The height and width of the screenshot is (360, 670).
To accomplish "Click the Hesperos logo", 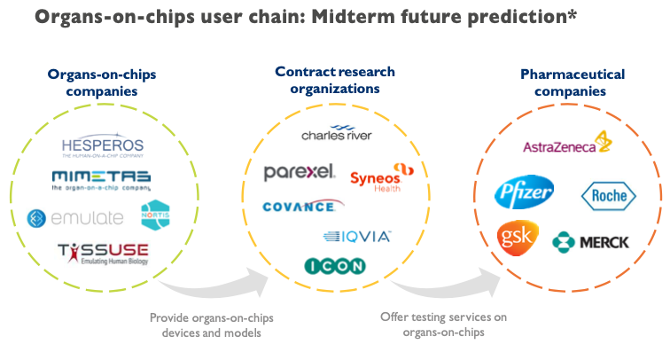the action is [x=104, y=146].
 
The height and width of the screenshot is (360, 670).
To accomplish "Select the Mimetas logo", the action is [x=101, y=180].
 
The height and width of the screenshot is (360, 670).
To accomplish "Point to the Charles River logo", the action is [x=337, y=135].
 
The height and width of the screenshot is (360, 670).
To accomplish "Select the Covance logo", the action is [x=299, y=207].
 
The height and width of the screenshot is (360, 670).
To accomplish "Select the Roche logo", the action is [x=607, y=194].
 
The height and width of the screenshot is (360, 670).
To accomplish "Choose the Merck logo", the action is [x=590, y=241].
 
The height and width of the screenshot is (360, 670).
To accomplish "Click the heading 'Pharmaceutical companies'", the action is [x=572, y=82].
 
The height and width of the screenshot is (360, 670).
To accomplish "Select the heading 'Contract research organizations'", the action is [x=335, y=79].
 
